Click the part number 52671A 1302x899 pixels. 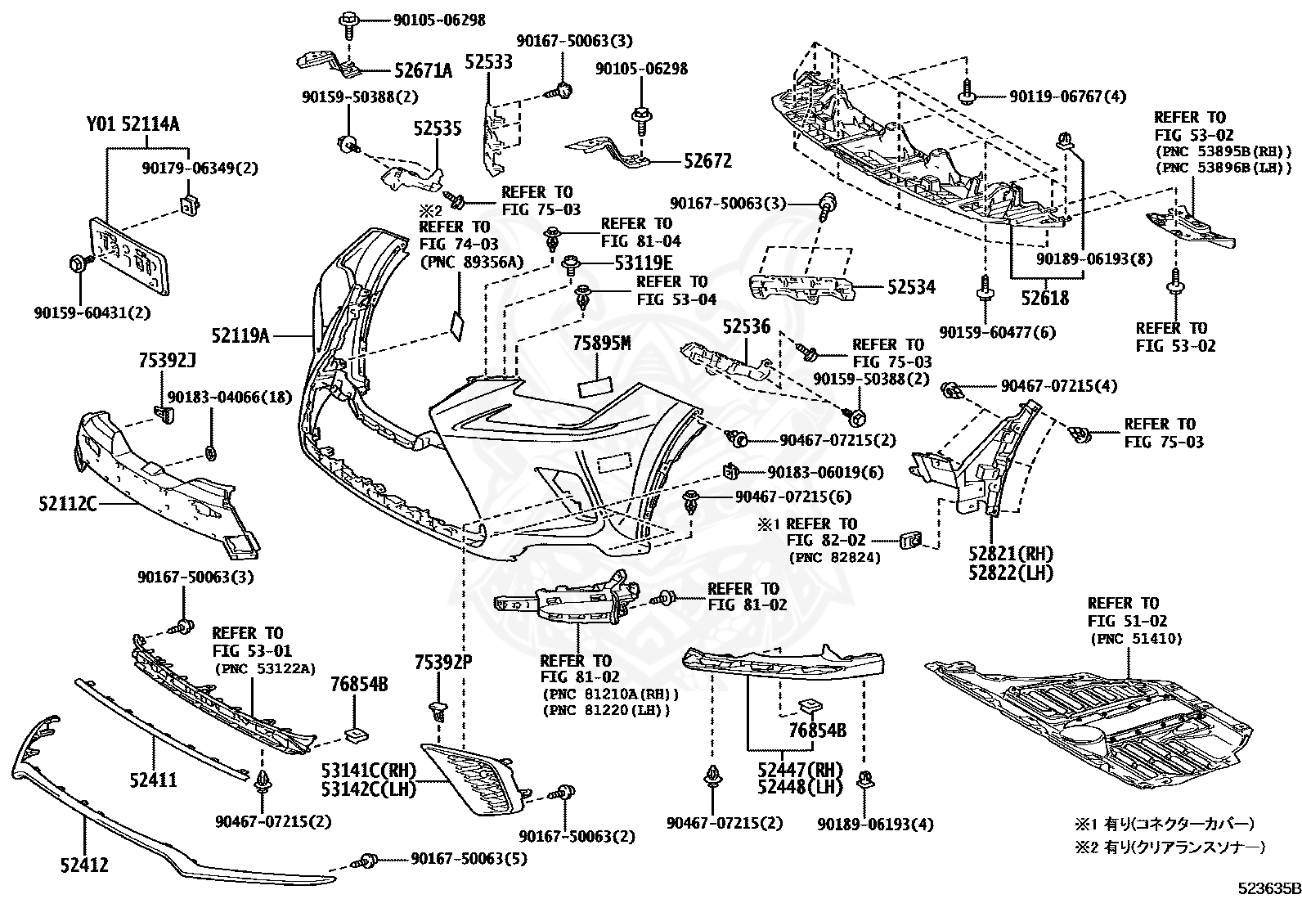[423, 71]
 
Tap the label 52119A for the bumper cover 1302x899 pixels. [240, 335]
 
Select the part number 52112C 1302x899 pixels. [67, 504]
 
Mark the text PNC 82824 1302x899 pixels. [834, 558]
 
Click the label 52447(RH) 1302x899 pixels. [800, 769]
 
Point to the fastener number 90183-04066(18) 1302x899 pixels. [230, 397]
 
